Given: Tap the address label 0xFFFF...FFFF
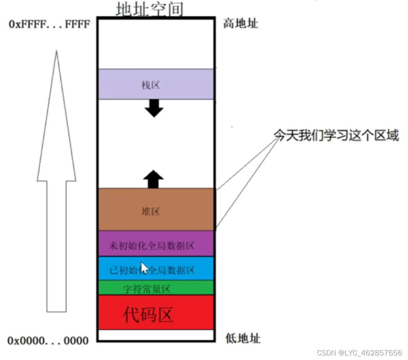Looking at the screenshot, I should (49, 24).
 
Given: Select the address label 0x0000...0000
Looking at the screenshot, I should (48, 341).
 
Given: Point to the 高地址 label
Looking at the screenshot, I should (241, 24).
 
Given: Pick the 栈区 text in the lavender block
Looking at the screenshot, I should (150, 85).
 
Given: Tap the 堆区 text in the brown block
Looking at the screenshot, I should (150, 211).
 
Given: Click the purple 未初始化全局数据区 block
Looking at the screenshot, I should (156, 244).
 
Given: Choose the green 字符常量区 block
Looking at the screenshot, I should (156, 288).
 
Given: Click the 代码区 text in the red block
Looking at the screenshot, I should (148, 314).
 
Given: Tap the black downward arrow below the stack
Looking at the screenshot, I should (154, 108).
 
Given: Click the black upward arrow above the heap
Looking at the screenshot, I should (153, 179).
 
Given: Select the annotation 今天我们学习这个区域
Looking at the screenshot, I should (336, 136).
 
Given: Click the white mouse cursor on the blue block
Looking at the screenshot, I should (144, 267).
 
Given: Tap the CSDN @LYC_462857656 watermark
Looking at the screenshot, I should (359, 352).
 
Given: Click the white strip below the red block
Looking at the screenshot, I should (156, 335).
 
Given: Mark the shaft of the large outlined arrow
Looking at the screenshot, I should (57, 245).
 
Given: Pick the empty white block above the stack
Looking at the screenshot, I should (156, 44).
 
